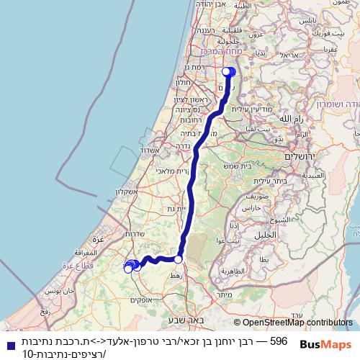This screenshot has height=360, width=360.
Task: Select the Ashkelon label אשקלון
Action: (127, 192)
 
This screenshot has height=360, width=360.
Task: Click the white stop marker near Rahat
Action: (178, 259)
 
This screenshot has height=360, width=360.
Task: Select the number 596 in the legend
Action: (278, 339)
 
